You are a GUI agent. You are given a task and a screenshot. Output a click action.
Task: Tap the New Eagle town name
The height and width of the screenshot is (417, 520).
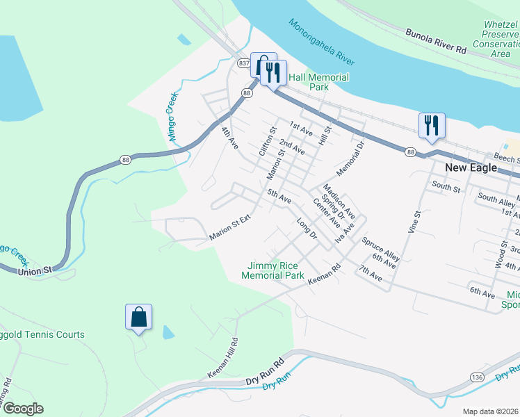click(471, 168)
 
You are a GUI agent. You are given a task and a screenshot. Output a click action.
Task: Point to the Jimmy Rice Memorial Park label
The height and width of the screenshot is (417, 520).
click(273, 270)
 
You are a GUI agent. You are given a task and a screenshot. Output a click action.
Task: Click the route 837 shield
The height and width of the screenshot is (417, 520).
click(243, 63)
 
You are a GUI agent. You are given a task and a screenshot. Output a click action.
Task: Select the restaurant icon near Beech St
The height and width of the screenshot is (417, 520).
click(432, 126)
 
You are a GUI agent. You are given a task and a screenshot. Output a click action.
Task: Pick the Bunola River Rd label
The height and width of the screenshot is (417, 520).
click(436, 41)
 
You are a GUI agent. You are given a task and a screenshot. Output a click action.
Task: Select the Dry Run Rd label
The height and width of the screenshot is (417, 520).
click(266, 371)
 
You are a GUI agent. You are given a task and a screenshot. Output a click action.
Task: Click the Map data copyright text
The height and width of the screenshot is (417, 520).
click(491, 411)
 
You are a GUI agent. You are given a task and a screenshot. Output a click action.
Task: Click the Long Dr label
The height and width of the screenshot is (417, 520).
click(306, 231)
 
